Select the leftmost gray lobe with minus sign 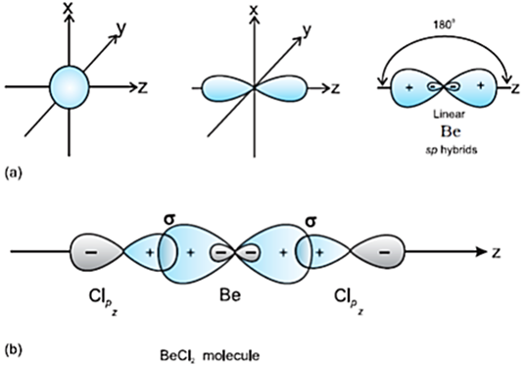point(91,253)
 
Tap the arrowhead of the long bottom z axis point(485,253)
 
